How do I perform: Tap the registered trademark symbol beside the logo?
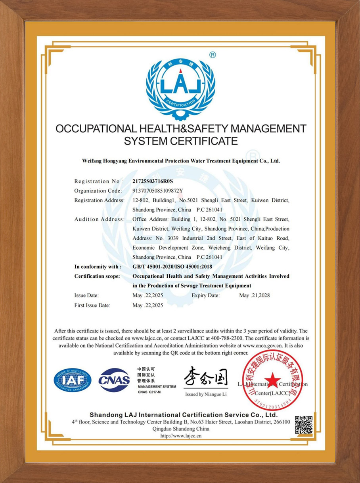pyautogui.click(x=213, y=55)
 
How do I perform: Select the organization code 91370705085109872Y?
pyautogui.click(x=158, y=191)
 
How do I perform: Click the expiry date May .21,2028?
pyautogui.click(x=255, y=296)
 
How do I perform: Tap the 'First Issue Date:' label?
pyautogui.click(x=92, y=305)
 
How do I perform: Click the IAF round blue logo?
pyautogui.click(x=73, y=380)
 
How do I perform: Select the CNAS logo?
pyautogui.click(x=114, y=380)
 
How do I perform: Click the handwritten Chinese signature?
pyautogui.click(x=206, y=377)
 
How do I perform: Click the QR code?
pyautogui.click(x=304, y=425)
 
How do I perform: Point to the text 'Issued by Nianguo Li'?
pyautogui.click(x=206, y=395)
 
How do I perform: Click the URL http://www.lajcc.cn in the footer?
pyautogui.click(x=181, y=436)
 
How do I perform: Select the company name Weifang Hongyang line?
pyautogui.click(x=181, y=161)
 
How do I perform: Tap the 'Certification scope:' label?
pyautogui.click(x=97, y=276)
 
